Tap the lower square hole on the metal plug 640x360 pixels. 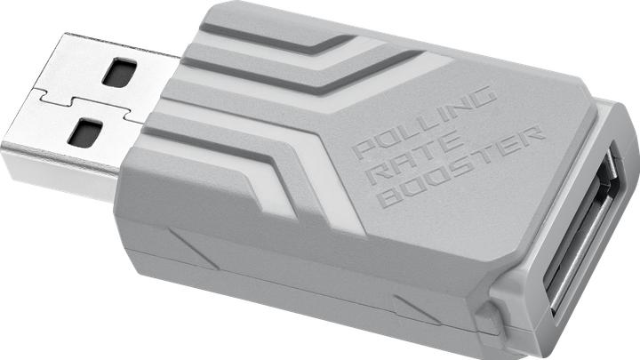85,133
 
